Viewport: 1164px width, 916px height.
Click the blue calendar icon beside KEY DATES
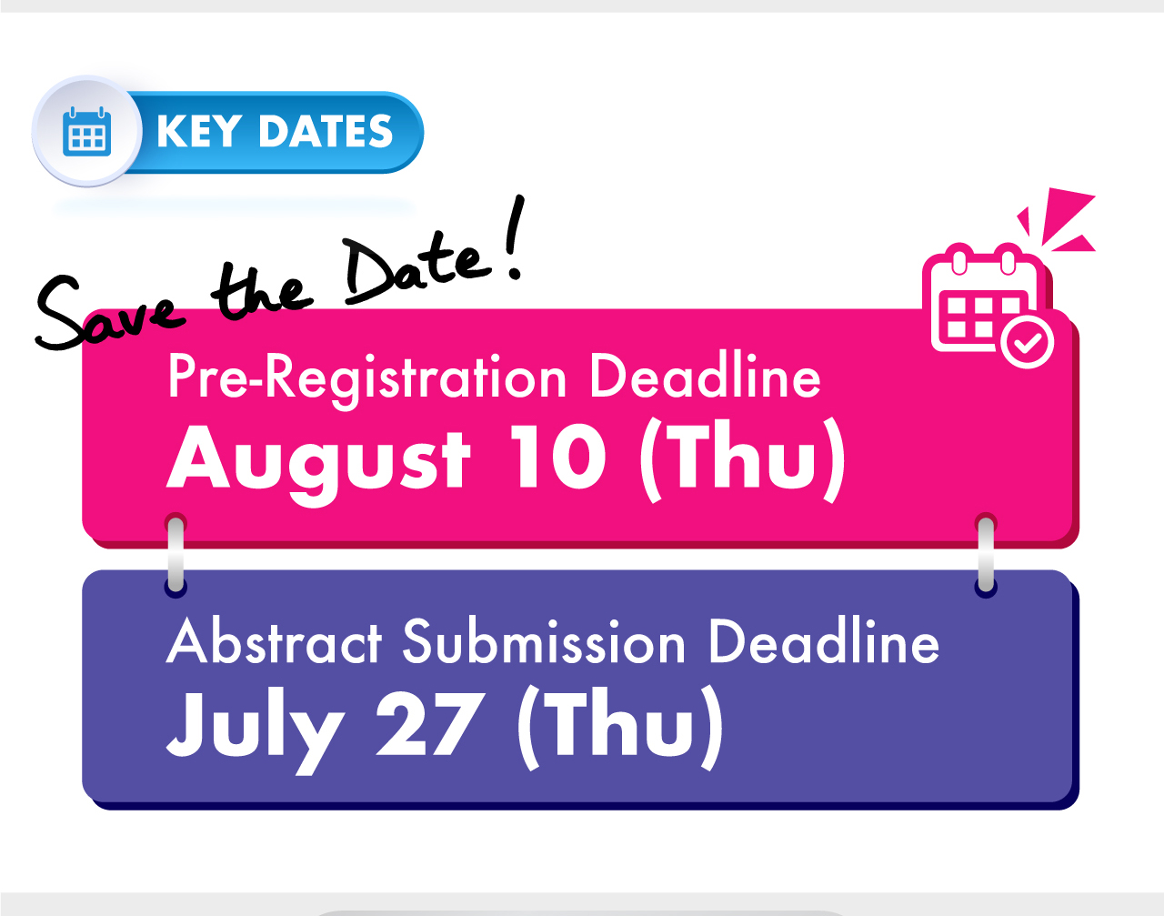coord(87,132)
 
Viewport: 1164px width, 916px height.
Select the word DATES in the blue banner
coord(326,131)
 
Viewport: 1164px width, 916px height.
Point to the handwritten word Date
coord(417,267)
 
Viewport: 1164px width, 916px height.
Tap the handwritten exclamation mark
coord(514,237)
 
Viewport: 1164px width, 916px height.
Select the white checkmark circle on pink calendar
coord(1028,343)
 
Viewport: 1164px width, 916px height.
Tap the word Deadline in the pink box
coord(705,377)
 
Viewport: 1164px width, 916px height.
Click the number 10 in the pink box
coord(558,457)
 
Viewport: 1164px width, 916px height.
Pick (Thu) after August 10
coord(743,459)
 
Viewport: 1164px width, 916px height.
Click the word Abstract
coord(275,641)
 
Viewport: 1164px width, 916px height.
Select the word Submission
coord(544,641)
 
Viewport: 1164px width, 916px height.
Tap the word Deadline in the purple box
coord(824,641)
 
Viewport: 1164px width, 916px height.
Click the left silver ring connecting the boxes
coord(176,555)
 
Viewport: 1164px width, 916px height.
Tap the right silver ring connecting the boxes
coord(986,555)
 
